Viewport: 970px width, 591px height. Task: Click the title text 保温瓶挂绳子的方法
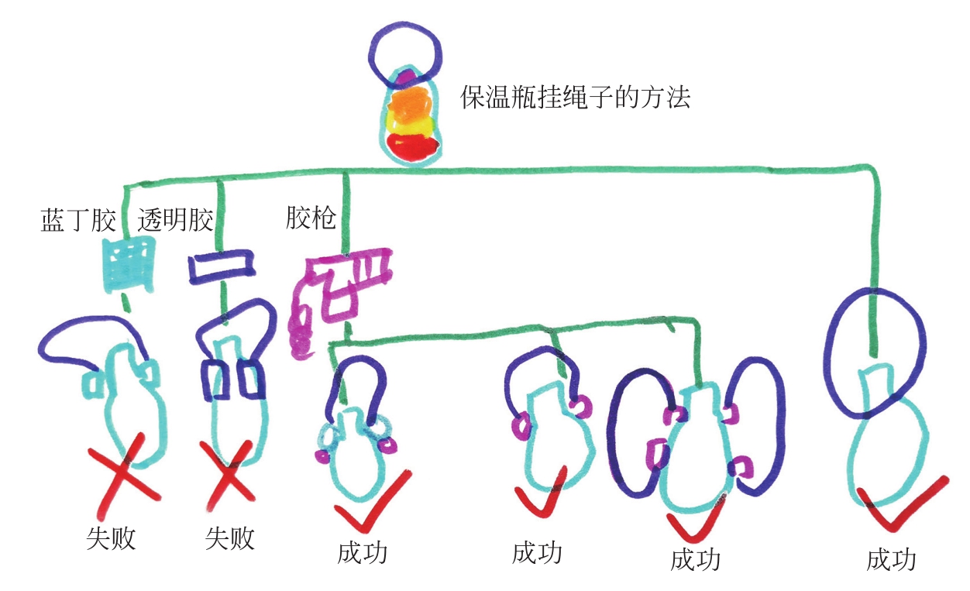coord(575,98)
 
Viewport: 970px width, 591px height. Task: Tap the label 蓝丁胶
coord(77,221)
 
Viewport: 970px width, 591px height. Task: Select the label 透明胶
coord(175,221)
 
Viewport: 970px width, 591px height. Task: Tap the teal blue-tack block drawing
coord(129,265)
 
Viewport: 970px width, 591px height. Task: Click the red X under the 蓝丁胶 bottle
coord(126,476)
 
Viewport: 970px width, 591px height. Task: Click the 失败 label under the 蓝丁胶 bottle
coord(111,538)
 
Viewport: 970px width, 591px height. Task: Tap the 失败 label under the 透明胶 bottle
coord(229,538)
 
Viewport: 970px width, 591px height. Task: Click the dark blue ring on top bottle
coord(405,54)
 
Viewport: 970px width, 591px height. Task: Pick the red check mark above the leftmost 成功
coord(372,502)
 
